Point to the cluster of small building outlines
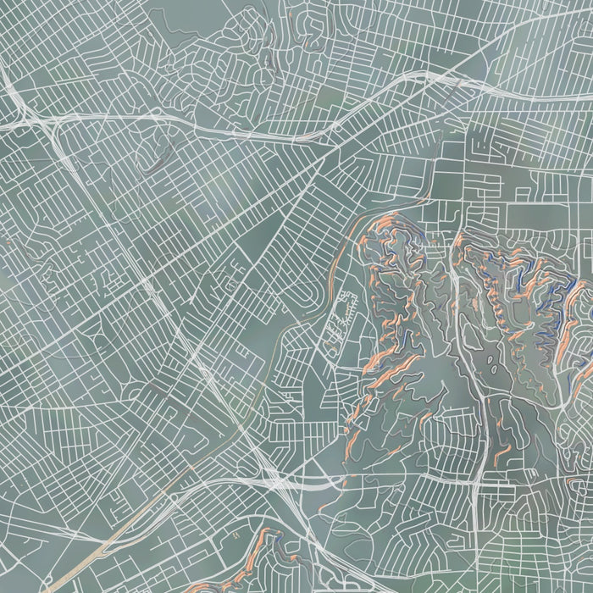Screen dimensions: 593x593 [x=343, y=313]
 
